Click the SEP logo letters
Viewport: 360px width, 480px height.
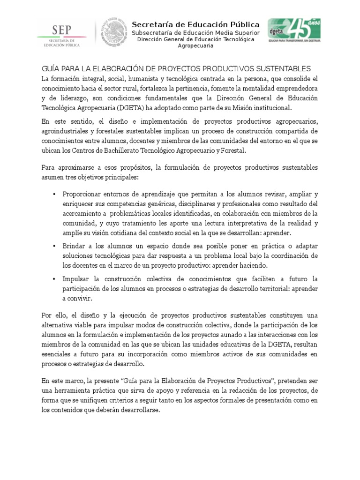click(x=61, y=30)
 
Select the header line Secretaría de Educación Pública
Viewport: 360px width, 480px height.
click(x=195, y=24)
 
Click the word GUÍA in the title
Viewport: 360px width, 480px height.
click(x=51, y=68)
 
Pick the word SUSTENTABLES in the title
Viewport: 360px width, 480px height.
click(x=285, y=68)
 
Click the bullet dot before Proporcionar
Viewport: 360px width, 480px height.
click(x=55, y=195)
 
